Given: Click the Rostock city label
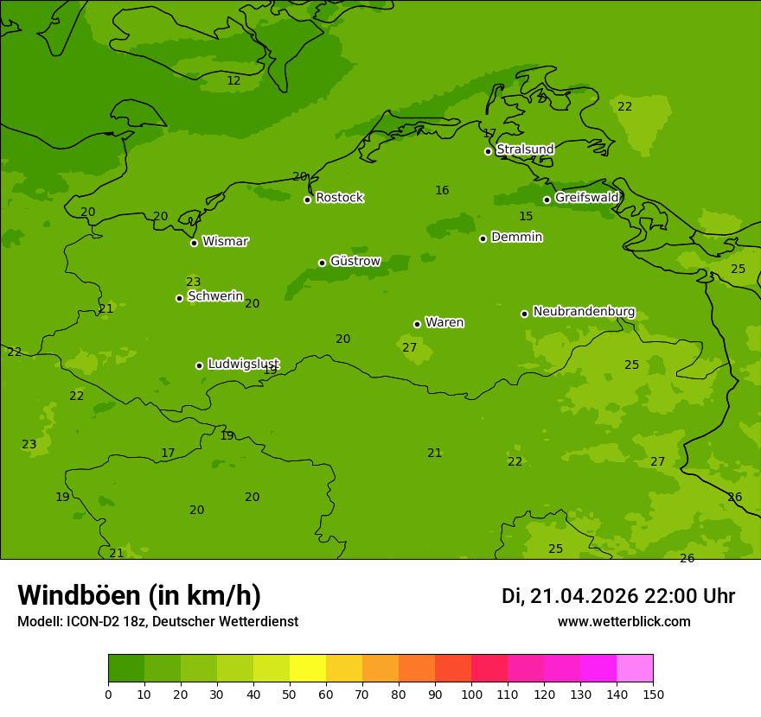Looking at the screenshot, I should click(x=339, y=198).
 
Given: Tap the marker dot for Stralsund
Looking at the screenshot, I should click(x=488, y=151).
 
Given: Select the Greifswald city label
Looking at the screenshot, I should click(x=586, y=198).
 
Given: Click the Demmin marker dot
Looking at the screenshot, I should click(x=483, y=238).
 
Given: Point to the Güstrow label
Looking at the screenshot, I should click(x=355, y=261).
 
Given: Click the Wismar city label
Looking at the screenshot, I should click(x=225, y=241).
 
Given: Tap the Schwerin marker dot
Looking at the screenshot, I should click(x=179, y=298).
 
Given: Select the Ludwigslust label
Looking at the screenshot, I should click(x=243, y=364).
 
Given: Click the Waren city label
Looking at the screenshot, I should click(x=444, y=322).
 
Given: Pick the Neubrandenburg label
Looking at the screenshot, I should click(x=584, y=311).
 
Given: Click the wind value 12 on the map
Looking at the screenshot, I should click(x=233, y=80).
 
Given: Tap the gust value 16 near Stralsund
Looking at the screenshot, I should click(x=442, y=190).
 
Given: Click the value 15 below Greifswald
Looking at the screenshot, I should click(x=526, y=216).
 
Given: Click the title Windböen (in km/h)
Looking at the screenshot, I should click(x=139, y=595).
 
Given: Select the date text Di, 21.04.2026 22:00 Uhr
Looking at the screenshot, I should click(x=617, y=596).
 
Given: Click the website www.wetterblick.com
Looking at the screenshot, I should click(x=624, y=621).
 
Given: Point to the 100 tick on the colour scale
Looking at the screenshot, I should click(x=471, y=694).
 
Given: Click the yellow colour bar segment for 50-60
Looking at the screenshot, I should click(x=308, y=669).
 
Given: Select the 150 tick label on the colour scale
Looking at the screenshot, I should click(x=653, y=694).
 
